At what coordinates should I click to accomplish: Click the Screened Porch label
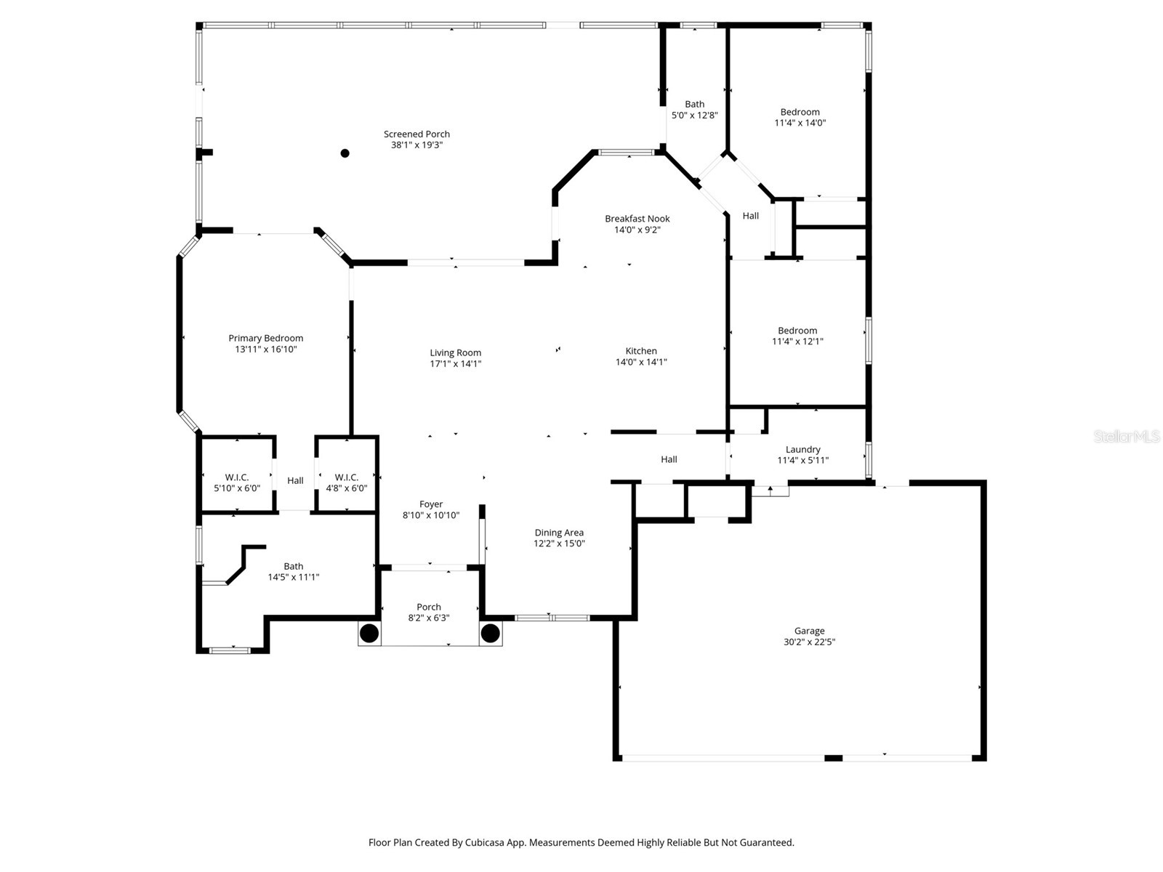pos(416,134)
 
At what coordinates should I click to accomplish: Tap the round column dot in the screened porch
pos(345,153)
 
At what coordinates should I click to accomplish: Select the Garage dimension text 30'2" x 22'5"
pos(809,642)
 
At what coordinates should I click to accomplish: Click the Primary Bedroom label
pos(265,338)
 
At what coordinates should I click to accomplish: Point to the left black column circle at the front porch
pos(369,632)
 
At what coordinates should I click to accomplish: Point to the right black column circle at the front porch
pos(491,632)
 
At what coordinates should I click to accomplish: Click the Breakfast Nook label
pos(637,219)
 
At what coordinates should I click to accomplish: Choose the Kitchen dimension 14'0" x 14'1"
pos(641,362)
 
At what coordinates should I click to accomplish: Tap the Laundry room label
pos(803,449)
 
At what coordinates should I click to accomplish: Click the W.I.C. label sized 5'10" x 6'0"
pos(237,477)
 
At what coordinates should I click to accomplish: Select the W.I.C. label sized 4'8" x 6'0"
pos(347,477)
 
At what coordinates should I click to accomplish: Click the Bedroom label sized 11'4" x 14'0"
pos(800,112)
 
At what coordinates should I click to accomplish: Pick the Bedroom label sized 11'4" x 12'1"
pos(797,331)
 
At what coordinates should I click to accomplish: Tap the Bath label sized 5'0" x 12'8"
pos(694,104)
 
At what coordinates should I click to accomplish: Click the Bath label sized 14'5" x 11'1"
pos(294,566)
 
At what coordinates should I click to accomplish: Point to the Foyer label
pos(431,504)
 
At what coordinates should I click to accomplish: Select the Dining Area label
pos(559,533)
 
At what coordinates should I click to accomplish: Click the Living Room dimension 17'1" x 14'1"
pos(456,364)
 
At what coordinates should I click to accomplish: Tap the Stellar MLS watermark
pos(1126,436)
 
